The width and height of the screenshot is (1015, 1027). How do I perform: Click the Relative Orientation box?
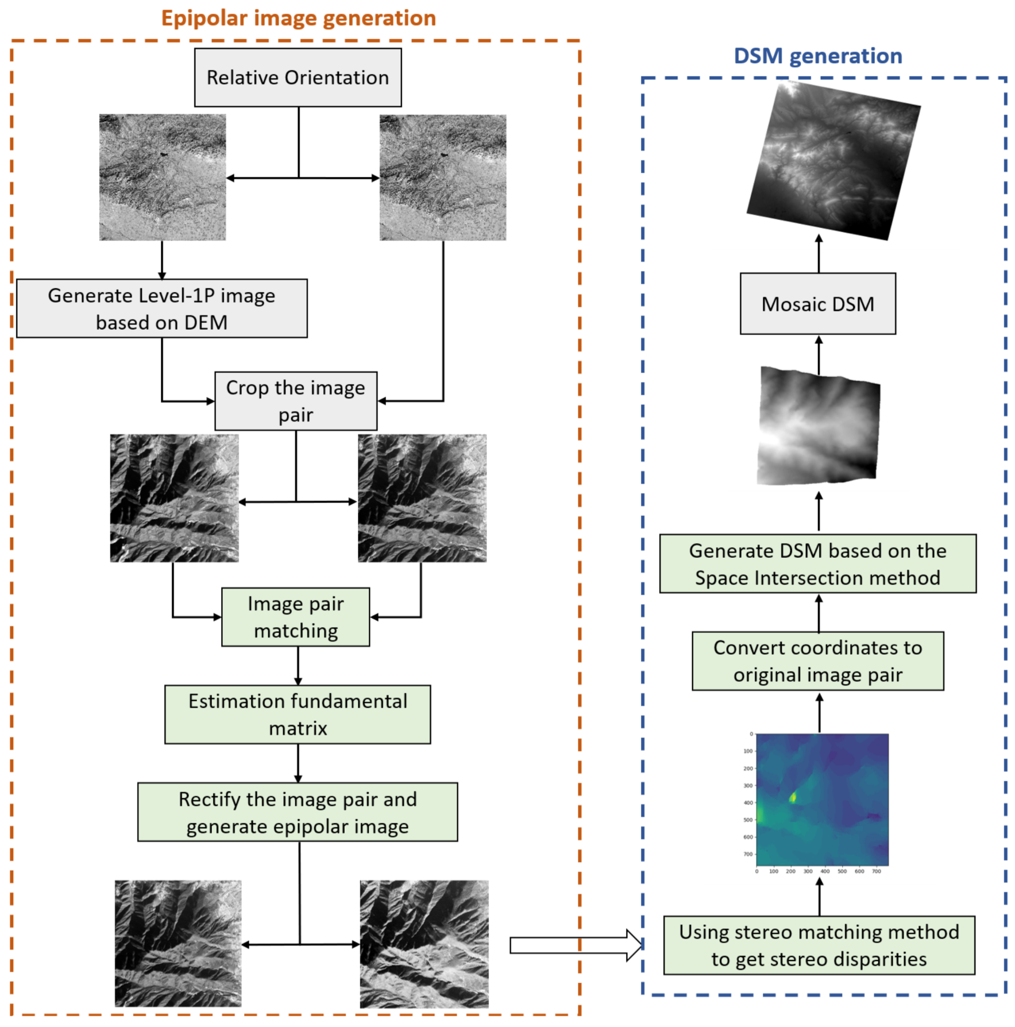tap(298, 78)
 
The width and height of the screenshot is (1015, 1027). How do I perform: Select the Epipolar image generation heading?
tap(298, 18)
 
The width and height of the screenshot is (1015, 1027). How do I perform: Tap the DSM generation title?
tap(817, 56)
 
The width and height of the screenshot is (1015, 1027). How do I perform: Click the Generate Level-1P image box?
tap(161, 308)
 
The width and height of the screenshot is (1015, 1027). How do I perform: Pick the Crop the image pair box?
tap(296, 401)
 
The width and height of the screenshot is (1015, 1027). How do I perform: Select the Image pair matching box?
tap(295, 617)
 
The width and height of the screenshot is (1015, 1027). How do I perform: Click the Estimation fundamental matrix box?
tap(298, 714)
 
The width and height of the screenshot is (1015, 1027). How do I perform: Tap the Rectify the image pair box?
tap(298, 812)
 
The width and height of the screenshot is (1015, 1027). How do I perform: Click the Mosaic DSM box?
tap(817, 304)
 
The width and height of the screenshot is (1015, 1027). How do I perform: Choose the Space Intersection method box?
tap(817, 563)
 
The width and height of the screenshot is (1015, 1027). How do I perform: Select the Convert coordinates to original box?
tap(817, 661)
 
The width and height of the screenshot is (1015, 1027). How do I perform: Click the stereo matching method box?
tap(819, 945)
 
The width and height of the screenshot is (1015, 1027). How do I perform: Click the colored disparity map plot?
tap(822, 799)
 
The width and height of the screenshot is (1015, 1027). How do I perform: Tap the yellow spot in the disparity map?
tap(793, 797)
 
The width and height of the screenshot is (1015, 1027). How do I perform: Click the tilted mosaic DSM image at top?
tap(833, 161)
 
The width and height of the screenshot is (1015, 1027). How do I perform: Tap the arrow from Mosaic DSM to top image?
tap(819, 254)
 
